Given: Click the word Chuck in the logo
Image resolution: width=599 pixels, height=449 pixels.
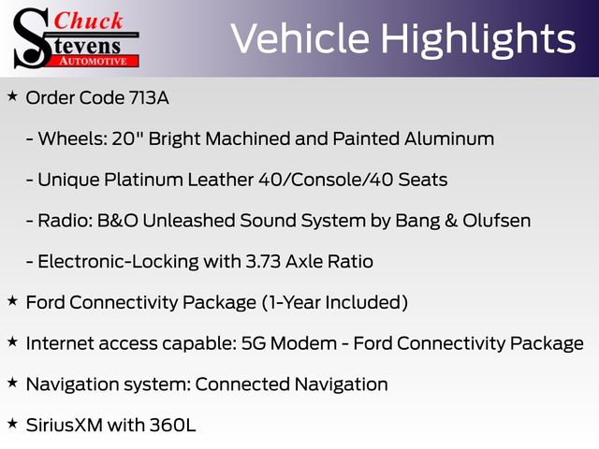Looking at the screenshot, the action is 88,21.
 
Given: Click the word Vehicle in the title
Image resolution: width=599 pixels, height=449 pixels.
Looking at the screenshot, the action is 300,38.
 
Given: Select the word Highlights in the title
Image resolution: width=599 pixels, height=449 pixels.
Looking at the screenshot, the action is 478,40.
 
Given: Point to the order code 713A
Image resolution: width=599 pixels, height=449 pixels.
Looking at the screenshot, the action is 149,97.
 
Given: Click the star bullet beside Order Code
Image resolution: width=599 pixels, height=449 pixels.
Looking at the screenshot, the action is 12,96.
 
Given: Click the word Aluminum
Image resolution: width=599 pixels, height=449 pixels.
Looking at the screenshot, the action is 449,138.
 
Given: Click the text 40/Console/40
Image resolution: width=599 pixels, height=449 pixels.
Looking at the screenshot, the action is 326,180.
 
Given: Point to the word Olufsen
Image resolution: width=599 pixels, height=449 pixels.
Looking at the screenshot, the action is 497,221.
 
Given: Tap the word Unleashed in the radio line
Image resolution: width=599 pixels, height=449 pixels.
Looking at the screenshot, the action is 189,221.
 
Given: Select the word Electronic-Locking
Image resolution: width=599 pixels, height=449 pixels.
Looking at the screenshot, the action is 119,262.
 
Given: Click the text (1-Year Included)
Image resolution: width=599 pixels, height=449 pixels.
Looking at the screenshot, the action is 335,302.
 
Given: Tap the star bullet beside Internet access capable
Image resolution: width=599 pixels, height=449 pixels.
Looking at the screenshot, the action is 12,341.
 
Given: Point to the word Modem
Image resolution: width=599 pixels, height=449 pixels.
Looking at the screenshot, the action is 303,343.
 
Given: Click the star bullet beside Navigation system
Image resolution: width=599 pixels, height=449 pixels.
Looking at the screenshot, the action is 12,383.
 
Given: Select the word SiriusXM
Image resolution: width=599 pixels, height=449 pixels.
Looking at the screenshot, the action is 65,425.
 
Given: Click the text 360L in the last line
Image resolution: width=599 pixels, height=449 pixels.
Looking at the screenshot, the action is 172,425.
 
